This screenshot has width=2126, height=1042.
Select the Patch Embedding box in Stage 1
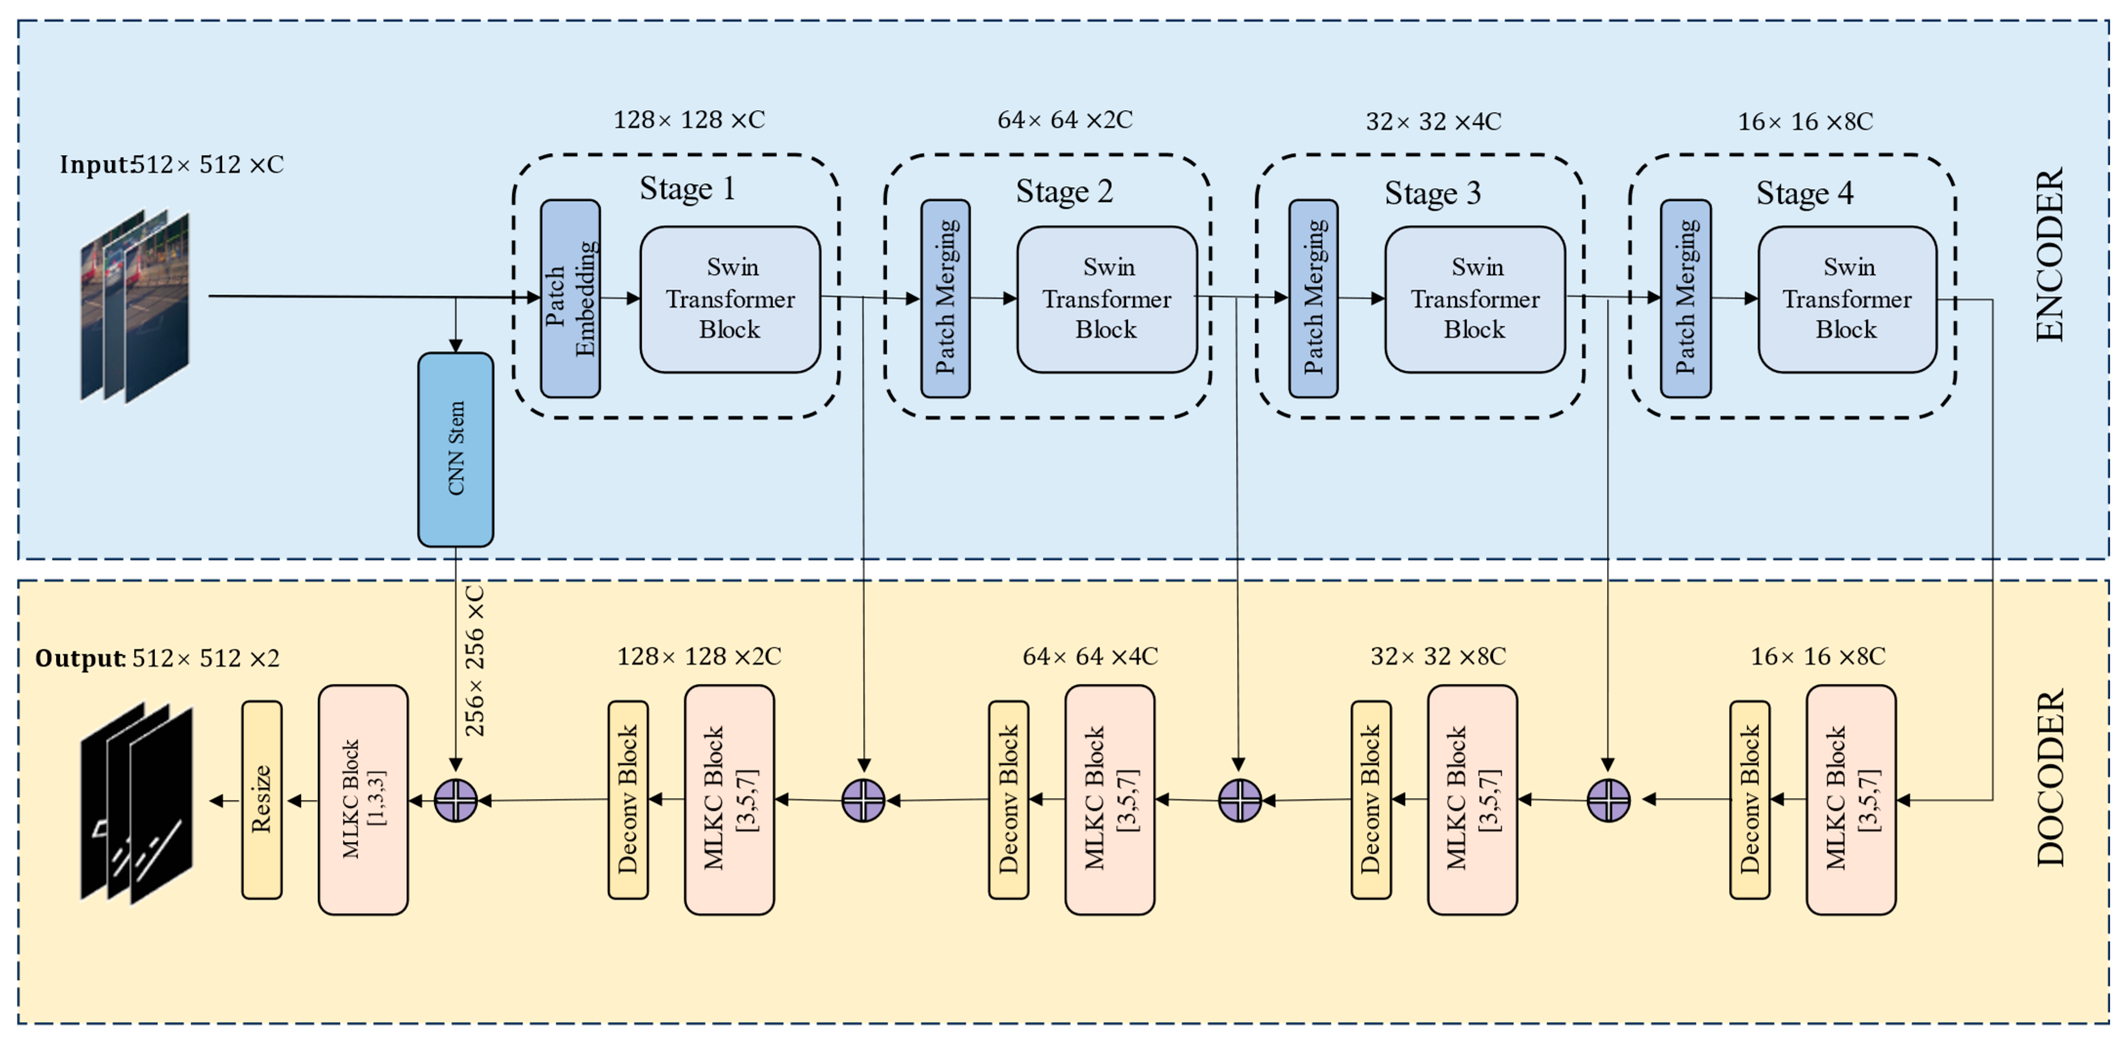pos(570,298)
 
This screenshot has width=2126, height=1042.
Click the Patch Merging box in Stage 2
pos(945,298)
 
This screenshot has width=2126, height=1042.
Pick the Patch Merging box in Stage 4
pos(1685,298)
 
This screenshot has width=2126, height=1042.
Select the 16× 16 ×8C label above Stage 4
pos(1805,122)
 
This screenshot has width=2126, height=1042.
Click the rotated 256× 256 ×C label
pos(474,660)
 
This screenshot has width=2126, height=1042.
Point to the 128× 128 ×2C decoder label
pos(698,657)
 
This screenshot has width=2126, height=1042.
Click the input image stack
pos(135,305)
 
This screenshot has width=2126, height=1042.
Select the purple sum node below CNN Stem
pos(455,800)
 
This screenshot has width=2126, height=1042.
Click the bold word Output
pos(79,659)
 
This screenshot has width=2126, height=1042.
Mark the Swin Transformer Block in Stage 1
pos(731,299)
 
